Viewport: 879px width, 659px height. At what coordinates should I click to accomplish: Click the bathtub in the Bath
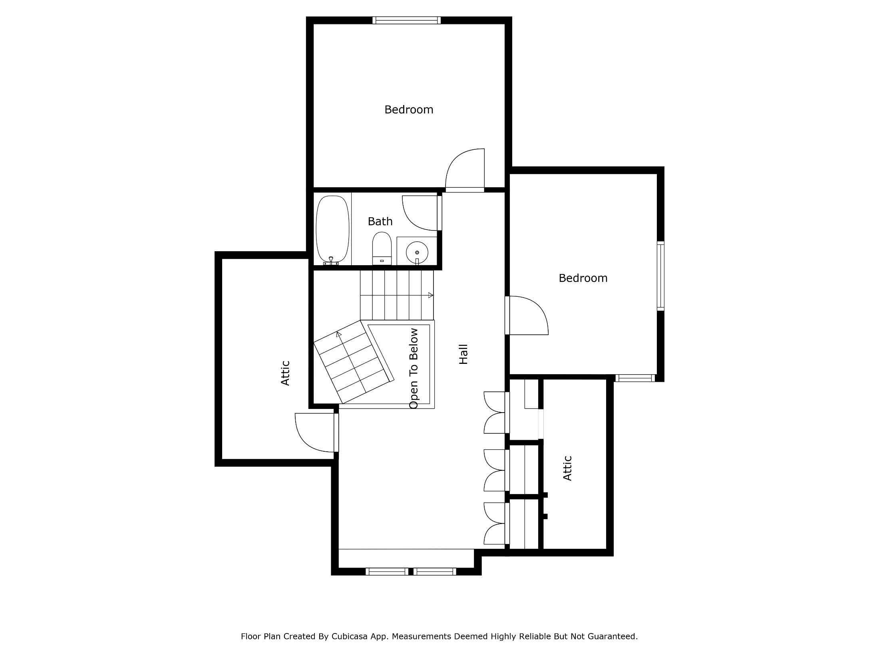click(332, 229)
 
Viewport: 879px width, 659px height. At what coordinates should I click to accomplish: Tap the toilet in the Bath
click(382, 248)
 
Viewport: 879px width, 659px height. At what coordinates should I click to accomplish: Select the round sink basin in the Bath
click(417, 252)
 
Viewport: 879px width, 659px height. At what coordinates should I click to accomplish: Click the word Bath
click(380, 221)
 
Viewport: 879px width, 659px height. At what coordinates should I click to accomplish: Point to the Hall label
click(463, 354)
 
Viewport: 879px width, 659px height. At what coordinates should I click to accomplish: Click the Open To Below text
click(414, 369)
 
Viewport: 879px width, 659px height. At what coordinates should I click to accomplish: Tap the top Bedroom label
click(409, 109)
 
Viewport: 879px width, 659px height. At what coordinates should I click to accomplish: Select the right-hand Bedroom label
click(583, 278)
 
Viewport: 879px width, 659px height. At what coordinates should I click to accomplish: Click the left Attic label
click(285, 373)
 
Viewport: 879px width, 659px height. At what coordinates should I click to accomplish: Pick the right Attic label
click(567, 468)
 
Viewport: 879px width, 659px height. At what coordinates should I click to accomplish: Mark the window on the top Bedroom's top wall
click(407, 20)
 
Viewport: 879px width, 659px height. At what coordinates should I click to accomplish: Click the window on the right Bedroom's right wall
click(660, 276)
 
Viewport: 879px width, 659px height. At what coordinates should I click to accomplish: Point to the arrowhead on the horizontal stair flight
click(431, 295)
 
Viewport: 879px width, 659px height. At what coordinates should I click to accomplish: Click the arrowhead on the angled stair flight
click(339, 334)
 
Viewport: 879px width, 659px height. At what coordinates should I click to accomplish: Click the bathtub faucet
click(331, 261)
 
